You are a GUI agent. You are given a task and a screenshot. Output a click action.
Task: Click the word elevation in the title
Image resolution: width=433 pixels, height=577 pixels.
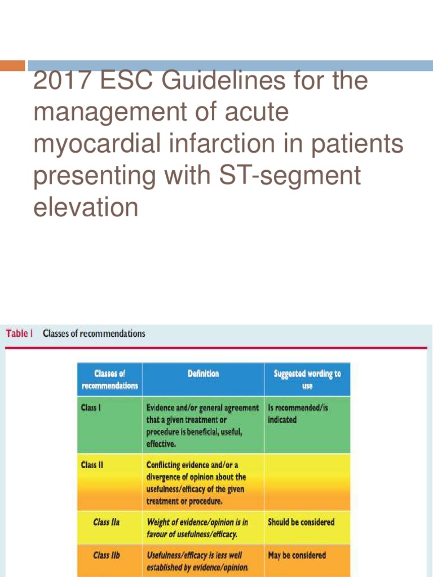(86, 207)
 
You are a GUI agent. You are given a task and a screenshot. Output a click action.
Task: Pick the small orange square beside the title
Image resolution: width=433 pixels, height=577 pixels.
(12, 65)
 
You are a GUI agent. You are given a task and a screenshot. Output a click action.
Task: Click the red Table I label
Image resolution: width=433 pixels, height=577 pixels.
(19, 334)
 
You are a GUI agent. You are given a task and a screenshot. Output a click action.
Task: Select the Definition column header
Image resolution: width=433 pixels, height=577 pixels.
(203, 374)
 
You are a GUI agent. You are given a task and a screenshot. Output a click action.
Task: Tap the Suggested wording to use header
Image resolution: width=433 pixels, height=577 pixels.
(307, 379)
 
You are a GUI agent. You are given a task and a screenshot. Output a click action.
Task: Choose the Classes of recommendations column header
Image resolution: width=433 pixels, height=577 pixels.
(109, 379)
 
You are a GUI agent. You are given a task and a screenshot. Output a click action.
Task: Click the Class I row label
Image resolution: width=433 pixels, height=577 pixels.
(91, 407)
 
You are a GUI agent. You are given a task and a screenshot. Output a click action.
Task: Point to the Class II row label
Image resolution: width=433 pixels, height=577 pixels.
(92, 465)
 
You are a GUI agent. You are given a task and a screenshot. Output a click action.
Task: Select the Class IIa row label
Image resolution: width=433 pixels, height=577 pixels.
(106, 522)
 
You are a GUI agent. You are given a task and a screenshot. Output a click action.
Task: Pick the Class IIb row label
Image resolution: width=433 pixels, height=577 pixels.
(107, 556)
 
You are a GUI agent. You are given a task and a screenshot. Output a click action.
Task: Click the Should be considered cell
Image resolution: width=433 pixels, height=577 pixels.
(301, 522)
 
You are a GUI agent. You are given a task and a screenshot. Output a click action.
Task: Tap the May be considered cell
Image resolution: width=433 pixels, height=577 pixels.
(297, 556)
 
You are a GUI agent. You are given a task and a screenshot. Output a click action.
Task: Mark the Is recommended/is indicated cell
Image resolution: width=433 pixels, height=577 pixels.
(298, 413)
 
